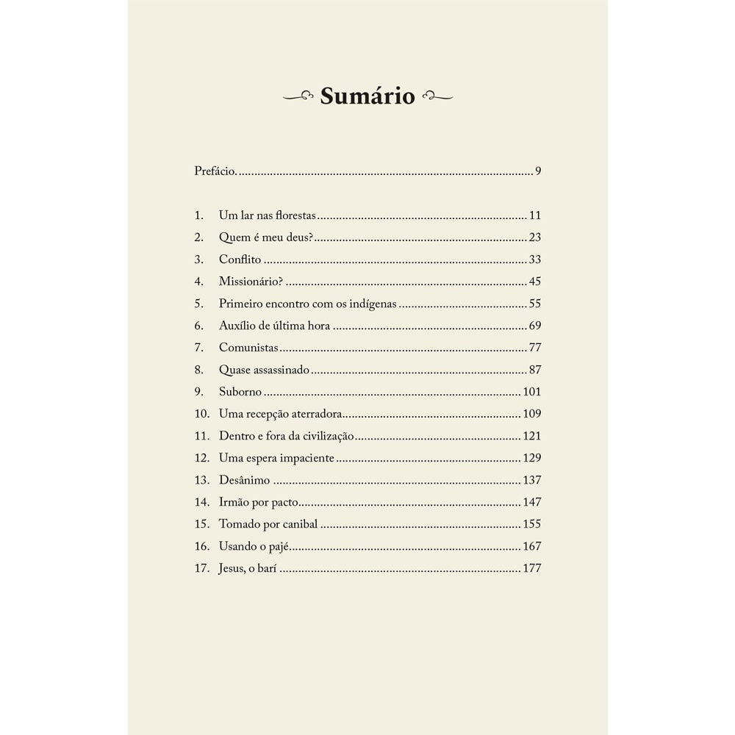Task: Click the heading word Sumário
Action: pos(367,96)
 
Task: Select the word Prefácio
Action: pos(215,171)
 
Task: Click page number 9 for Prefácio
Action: pos(538,171)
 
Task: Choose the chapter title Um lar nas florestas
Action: pos(267,216)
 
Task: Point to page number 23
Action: pos(534,237)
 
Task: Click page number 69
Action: pos(534,326)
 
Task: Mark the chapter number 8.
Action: pos(198,370)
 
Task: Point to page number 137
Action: pos(531,480)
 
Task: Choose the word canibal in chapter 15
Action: pos(300,524)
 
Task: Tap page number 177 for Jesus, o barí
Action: pos(531,568)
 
